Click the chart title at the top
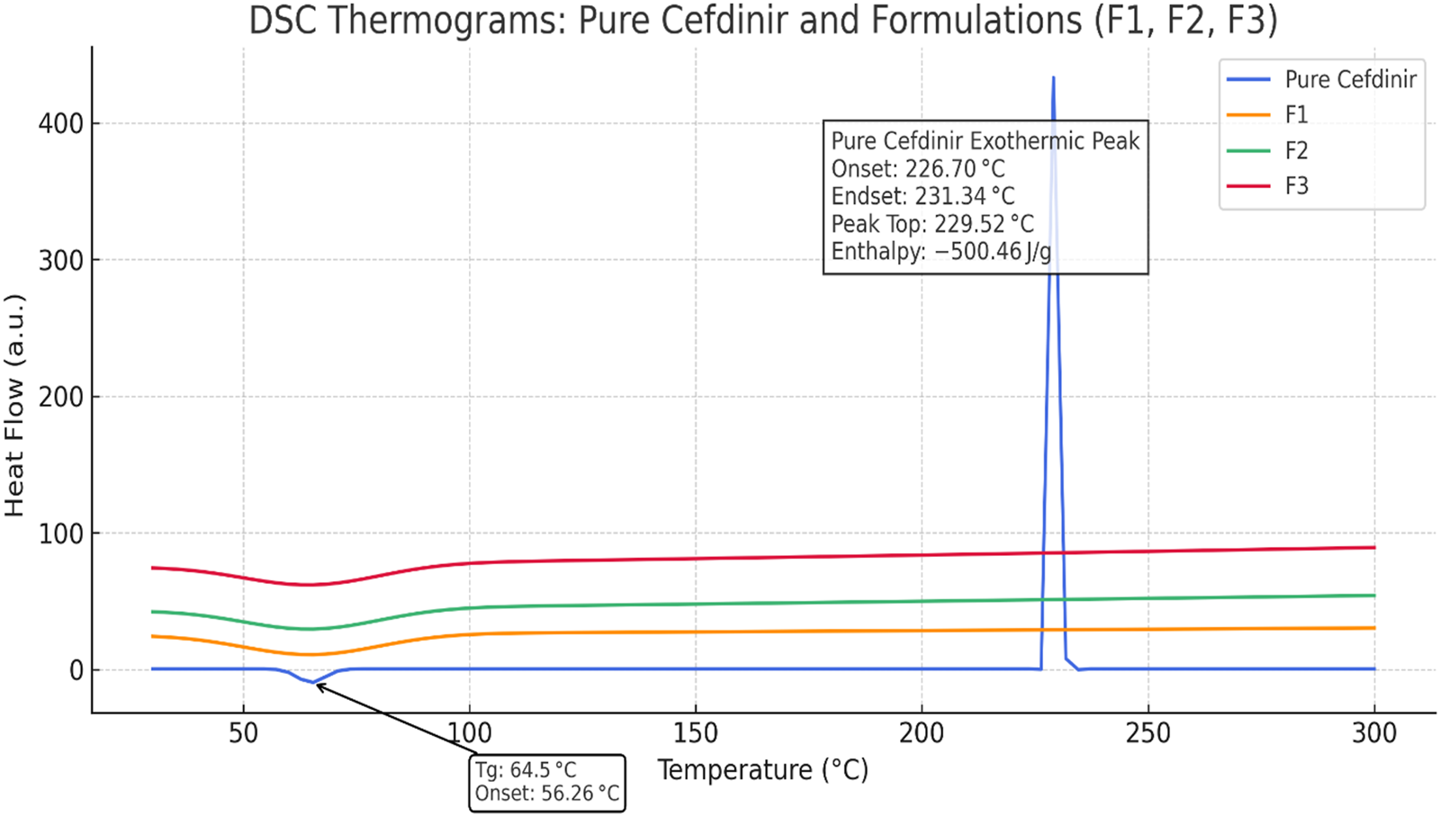(x=762, y=20)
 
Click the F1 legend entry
(x=1296, y=114)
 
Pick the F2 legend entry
(x=1296, y=150)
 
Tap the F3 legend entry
(x=1296, y=186)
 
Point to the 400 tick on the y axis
(x=61, y=123)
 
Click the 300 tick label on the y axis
(x=61, y=260)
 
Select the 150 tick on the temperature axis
(x=696, y=733)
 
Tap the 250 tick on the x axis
(x=1148, y=733)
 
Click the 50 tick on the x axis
(x=243, y=733)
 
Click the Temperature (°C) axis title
(x=762, y=770)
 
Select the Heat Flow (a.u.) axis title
(x=14, y=405)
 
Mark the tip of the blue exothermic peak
(x=1053, y=78)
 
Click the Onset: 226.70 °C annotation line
(x=918, y=168)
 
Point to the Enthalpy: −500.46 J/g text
(x=940, y=251)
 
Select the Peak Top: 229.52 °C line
(x=932, y=223)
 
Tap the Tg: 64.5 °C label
(x=526, y=770)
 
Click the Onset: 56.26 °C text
(x=547, y=794)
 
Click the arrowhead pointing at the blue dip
(x=318, y=686)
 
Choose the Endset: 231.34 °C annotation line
(x=922, y=196)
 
